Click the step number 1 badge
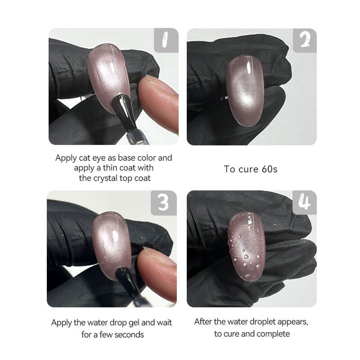coord(166,40)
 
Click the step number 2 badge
coord(305,40)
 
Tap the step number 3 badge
coord(164,203)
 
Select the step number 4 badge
coord(305,202)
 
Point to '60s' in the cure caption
coord(270,169)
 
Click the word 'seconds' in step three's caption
coord(129,334)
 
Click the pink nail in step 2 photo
coord(245,91)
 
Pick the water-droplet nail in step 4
coord(246,246)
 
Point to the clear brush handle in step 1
coord(137,137)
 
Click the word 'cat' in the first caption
coord(85,158)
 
